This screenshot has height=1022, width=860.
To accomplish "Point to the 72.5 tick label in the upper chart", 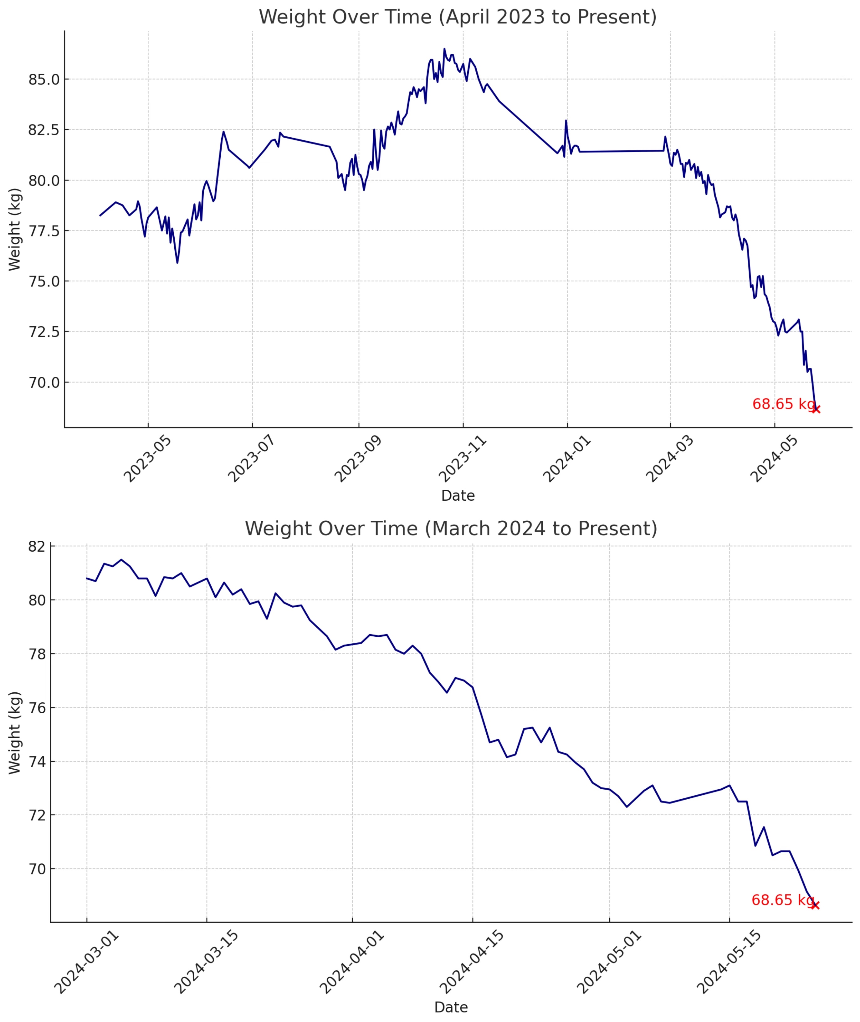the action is pos(44,332).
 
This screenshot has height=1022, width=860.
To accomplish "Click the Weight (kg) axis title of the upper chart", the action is pos(15,229).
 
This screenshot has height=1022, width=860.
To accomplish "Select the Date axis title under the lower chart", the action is pos(451,1007).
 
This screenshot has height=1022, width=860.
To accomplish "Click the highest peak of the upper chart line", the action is pos(444,49).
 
